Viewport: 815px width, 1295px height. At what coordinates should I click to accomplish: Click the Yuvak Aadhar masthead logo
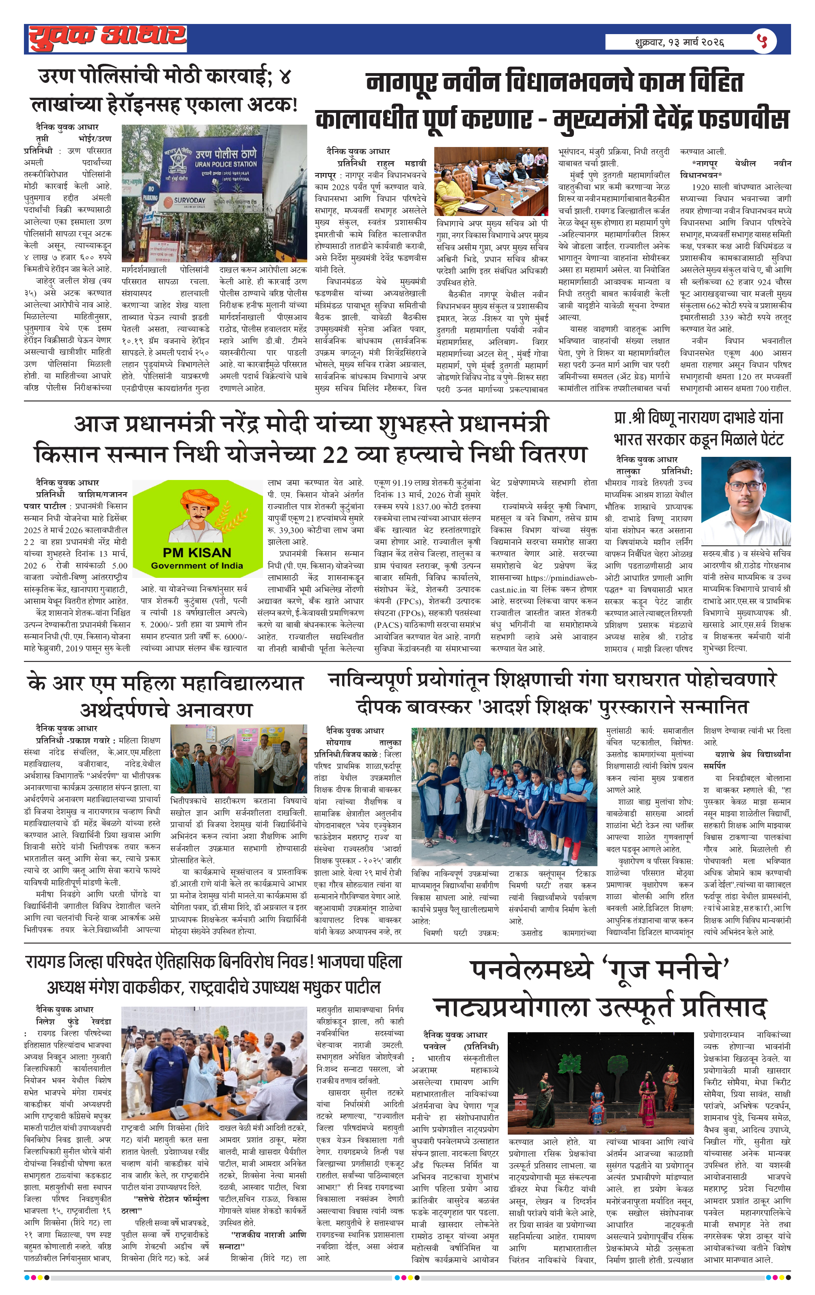click(x=108, y=38)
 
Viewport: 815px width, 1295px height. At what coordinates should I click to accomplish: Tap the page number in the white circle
click(x=762, y=41)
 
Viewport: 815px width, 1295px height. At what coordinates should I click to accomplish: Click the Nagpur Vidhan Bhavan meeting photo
click(x=491, y=182)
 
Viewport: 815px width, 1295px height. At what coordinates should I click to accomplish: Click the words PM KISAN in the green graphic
click(x=197, y=552)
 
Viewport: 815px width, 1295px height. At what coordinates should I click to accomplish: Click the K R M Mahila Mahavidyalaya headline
click(x=166, y=696)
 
